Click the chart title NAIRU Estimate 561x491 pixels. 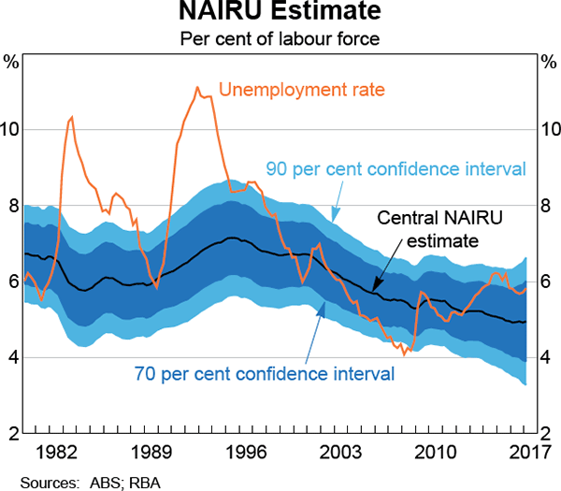(x=280, y=14)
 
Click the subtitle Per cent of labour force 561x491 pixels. (x=280, y=40)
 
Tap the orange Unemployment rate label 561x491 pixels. (x=302, y=91)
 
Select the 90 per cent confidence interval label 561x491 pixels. (x=396, y=169)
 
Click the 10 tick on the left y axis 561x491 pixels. (x=11, y=129)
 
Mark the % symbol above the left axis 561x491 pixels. (x=12, y=63)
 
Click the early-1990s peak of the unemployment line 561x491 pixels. (x=197, y=88)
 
